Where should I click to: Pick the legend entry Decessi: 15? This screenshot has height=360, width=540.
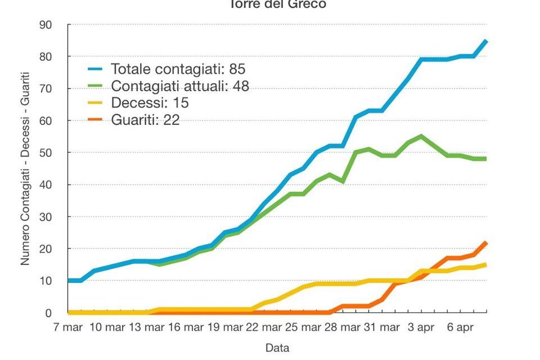pos(150,103)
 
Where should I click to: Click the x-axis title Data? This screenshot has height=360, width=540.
pos(277,348)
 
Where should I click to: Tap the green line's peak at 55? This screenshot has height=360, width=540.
pos(421,136)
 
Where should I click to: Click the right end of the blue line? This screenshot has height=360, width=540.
pos(486,41)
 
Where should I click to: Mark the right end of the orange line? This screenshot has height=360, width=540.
pos(486,242)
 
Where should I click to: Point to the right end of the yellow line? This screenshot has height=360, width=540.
pos(486,265)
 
